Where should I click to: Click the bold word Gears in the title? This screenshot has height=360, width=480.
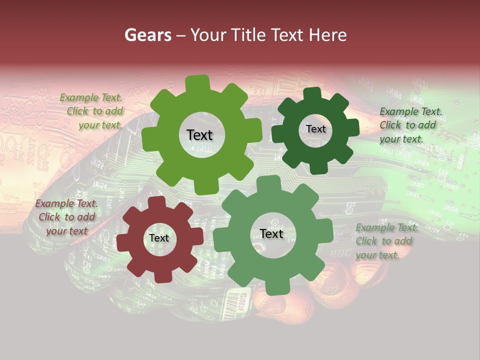(x=148, y=35)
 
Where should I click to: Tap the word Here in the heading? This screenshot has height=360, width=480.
(x=327, y=35)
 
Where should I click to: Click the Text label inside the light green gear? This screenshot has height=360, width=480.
(x=199, y=135)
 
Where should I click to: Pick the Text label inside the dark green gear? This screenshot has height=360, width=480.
(x=315, y=129)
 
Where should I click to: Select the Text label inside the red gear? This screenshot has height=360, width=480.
(x=159, y=238)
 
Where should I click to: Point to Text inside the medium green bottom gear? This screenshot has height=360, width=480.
(x=271, y=233)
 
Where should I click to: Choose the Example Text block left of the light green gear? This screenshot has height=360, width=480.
(x=91, y=111)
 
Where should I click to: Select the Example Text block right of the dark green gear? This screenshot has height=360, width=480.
(x=410, y=125)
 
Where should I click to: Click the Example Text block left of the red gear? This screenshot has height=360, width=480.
(x=66, y=217)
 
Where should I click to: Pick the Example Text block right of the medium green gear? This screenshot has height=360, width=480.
(x=386, y=241)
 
